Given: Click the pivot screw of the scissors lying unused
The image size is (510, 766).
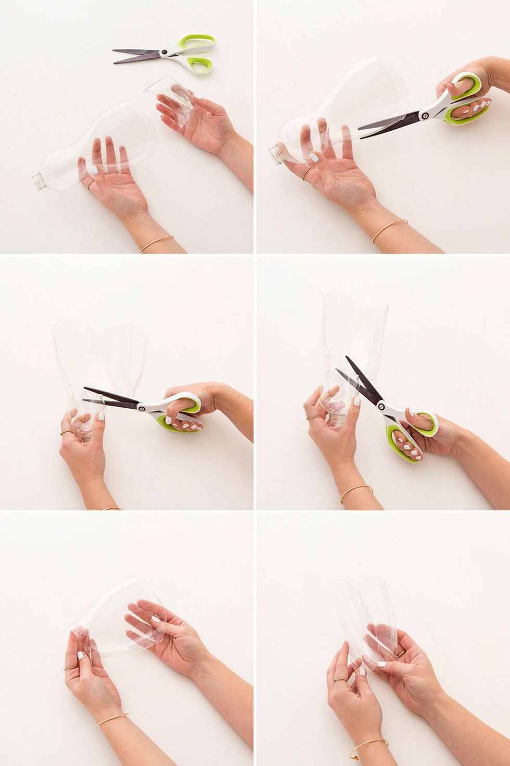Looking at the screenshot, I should (x=164, y=52).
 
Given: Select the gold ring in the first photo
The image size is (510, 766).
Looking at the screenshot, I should (x=90, y=183).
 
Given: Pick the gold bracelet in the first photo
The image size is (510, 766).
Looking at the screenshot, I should (x=156, y=243).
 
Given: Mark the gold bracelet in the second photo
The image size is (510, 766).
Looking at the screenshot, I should (x=389, y=229).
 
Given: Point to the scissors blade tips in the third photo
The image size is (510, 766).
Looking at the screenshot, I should (x=85, y=389).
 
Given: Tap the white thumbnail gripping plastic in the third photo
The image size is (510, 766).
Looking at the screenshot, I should (x=99, y=417).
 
